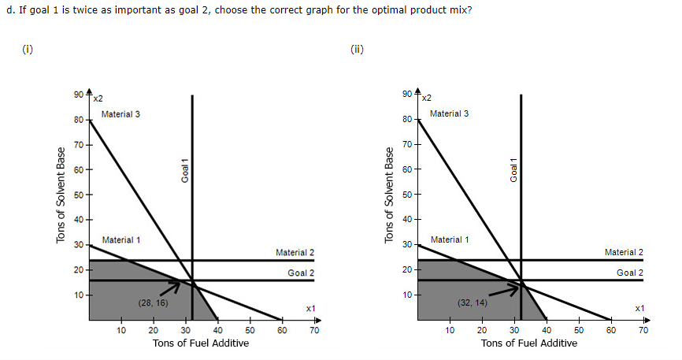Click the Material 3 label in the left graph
pos(120,114)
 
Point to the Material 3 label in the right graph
pos(449,114)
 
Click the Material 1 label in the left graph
pos(120,239)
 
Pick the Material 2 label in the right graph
pos(624,252)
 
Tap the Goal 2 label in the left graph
pos(301,273)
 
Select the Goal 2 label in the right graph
pos(630,273)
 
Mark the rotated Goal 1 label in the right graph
pos(513,170)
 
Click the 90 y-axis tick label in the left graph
pos(76,95)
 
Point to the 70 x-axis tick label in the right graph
pos(643,331)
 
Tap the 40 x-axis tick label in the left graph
pos(217,331)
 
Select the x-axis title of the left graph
pos(200,343)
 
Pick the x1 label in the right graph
pos(639,307)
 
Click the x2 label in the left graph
pos(98,98)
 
